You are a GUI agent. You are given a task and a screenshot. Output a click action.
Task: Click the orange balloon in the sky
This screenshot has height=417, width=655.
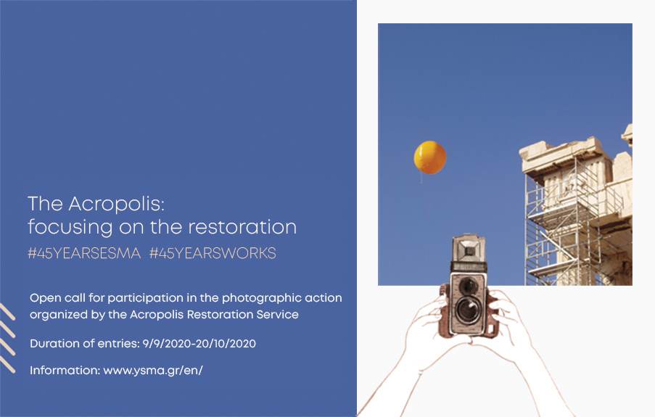tap(430, 157)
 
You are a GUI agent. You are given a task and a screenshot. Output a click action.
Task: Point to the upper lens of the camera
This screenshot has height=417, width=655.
tap(469, 286)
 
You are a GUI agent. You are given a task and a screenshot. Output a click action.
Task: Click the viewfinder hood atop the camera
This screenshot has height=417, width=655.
tap(469, 249)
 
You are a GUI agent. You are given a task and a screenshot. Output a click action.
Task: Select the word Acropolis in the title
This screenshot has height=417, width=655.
tap(117, 205)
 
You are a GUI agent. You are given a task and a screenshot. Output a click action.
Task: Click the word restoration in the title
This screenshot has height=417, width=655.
tap(242, 227)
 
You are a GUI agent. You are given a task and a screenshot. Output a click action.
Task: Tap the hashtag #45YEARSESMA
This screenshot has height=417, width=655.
tap(84, 253)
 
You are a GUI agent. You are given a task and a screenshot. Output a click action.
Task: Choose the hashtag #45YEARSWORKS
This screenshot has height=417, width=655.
tap(213, 253)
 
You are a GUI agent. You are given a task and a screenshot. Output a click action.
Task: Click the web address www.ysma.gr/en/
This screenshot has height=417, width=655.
tap(153, 371)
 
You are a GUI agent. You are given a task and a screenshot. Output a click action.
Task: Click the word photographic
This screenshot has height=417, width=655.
tap(255, 298)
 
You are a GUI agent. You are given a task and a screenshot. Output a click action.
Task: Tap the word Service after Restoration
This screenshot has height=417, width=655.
tap(277, 315)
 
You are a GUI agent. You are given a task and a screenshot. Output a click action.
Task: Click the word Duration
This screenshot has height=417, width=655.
tap(54, 344)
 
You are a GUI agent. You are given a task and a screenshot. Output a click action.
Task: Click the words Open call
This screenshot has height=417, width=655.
tap(57, 298)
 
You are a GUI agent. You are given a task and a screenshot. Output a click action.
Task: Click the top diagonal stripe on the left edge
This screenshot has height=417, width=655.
tap(7, 312)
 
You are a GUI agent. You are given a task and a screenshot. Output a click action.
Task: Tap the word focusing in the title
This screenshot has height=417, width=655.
tap(70, 227)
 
